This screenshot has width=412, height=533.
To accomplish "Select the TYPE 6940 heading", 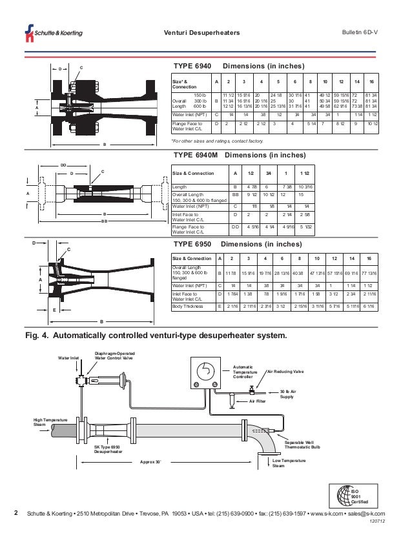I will [x=193, y=66].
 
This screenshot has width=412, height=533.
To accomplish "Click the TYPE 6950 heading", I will [x=193, y=245].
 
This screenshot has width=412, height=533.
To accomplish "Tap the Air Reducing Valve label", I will [x=289, y=372].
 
